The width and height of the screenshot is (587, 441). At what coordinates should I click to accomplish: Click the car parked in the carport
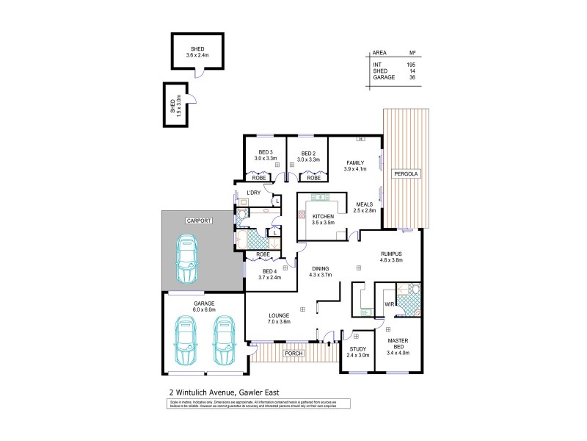[x=188, y=260]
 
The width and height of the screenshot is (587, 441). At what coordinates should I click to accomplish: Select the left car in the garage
[x=186, y=341]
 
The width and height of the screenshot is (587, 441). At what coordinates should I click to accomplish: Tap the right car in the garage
[x=225, y=341]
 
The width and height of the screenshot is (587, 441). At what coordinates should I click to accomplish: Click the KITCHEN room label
[x=323, y=216]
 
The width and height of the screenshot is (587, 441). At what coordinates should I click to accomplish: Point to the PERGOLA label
[x=405, y=174]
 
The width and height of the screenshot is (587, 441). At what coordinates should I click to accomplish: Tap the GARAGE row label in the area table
[x=383, y=76]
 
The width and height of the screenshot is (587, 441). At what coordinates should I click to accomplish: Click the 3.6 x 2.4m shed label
[x=197, y=55]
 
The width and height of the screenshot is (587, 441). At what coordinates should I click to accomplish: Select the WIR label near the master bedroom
[x=388, y=303]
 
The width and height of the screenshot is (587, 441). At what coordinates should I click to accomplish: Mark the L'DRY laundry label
[x=254, y=193]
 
